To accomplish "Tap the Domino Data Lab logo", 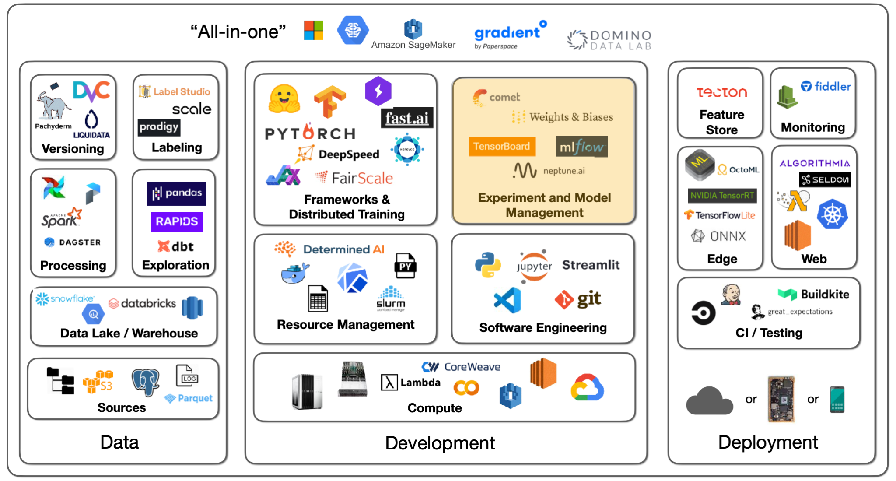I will click(609, 40).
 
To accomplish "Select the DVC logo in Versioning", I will click(91, 91).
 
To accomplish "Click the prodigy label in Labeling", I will click(159, 127).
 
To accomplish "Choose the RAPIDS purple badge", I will click(177, 221).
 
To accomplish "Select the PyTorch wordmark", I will click(310, 133).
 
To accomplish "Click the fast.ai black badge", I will click(407, 118).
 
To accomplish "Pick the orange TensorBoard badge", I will click(501, 146).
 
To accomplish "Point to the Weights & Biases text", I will click(571, 117).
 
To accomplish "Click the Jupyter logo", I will click(534, 266).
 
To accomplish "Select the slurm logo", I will click(391, 299).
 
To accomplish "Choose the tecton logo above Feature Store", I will click(722, 92).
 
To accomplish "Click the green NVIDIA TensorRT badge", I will click(722, 195).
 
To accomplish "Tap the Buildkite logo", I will click(814, 295).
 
